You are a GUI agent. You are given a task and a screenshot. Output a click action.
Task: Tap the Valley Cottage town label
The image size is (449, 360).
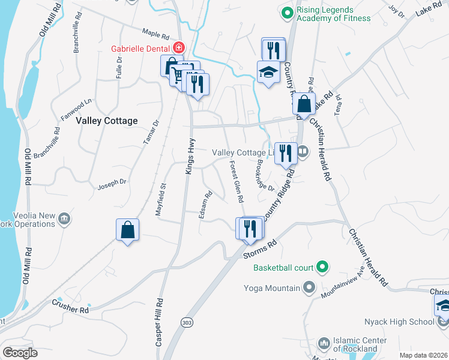[x=107, y=121]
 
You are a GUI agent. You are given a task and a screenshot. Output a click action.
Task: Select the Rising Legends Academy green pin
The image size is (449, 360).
[x=287, y=11]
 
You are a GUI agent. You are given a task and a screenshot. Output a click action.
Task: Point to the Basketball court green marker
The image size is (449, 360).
[x=322, y=267]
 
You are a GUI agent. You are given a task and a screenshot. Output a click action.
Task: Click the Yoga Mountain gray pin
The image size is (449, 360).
[x=309, y=287]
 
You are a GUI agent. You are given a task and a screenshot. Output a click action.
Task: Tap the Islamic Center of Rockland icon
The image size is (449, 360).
[x=324, y=344]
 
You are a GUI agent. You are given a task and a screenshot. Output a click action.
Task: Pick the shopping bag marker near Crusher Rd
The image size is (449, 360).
[x=128, y=230]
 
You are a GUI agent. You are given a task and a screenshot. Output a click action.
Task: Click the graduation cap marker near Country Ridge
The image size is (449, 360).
[x=268, y=73]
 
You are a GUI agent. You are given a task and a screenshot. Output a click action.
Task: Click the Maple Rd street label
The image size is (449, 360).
[x=155, y=35]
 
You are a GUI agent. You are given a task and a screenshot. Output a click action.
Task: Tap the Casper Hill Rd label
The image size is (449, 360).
[x=159, y=322]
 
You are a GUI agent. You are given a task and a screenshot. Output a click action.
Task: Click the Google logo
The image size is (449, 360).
[x=20, y=353]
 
